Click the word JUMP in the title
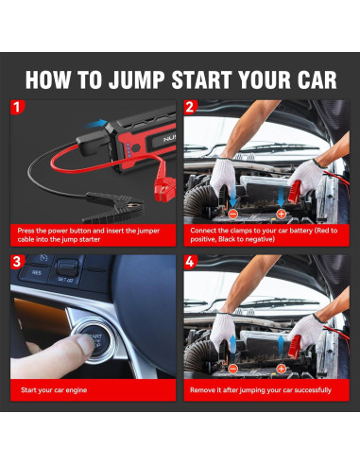pos(137,79)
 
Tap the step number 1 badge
pos(17,107)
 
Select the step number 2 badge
pos(190,107)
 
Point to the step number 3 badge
pos(17,262)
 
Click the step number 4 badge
pos(190,262)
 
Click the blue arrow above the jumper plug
pos(96,124)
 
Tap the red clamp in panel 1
pos(163,189)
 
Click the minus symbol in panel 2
pos(232,215)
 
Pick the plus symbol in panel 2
pos(281,215)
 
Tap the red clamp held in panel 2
pos(295,191)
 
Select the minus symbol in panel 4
pos(232,369)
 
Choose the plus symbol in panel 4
pos(281,369)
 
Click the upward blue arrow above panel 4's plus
pos(281,346)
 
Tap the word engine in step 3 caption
pos(77,390)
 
